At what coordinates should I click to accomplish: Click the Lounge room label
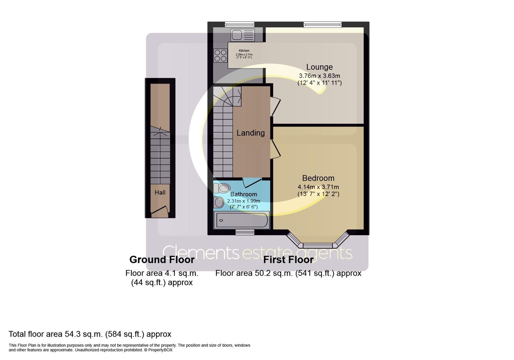[x=319, y=67]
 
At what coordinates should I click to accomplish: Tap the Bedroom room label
[x=318, y=178]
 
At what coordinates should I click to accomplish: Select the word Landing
[x=250, y=133]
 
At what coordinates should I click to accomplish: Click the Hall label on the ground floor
[x=160, y=192]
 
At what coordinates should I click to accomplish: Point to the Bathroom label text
[x=244, y=194]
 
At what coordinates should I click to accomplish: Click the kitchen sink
[x=242, y=35]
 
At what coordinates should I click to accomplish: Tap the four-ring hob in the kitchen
[x=220, y=56]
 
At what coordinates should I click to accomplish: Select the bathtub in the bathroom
[x=242, y=220]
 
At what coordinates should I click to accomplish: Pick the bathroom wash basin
[x=219, y=202]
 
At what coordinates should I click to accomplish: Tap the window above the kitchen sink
[x=239, y=24]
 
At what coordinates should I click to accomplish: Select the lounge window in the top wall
[x=322, y=24]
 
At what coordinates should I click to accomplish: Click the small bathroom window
[x=245, y=232]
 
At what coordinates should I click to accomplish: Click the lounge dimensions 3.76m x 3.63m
[x=319, y=76]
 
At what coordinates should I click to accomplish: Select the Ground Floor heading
[x=162, y=259]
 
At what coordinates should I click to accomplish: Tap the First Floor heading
[x=288, y=259]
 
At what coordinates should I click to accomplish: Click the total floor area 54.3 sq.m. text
[x=90, y=334]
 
